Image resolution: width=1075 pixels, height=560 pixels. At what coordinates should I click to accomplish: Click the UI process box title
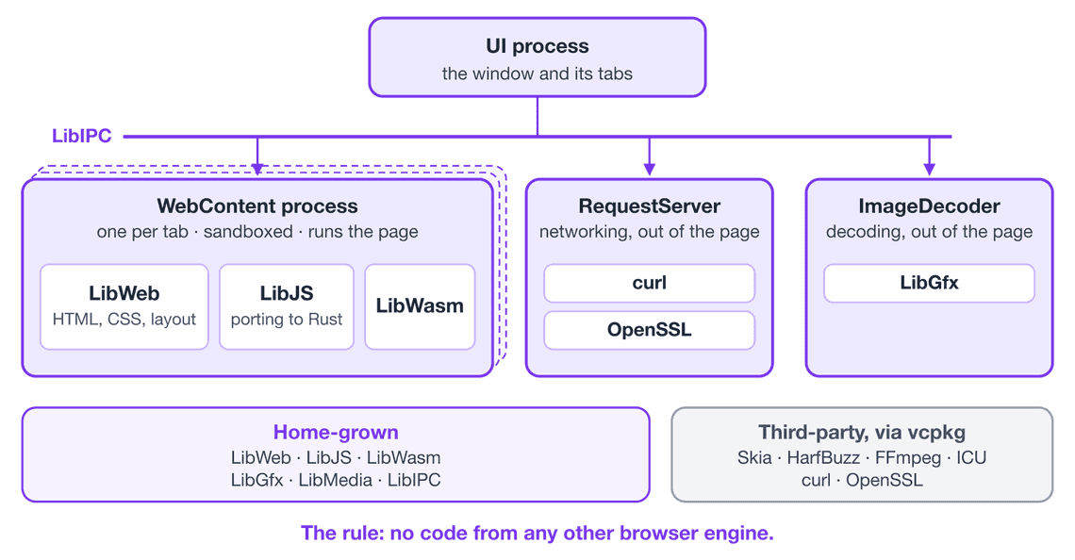tap(537, 46)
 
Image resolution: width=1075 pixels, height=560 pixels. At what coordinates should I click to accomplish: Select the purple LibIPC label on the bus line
tap(82, 136)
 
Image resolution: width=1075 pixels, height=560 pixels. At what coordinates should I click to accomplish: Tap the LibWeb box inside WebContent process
tap(124, 306)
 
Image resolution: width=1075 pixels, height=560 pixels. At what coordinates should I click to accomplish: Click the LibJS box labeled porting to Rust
tap(287, 306)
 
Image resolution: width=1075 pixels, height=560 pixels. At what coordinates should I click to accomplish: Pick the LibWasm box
tap(420, 306)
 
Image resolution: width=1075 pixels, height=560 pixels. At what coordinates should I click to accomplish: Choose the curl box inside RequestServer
tap(650, 283)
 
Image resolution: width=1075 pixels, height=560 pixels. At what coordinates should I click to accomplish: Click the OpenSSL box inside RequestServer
tap(650, 330)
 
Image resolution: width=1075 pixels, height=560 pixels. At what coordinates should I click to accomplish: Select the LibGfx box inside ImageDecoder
tap(929, 283)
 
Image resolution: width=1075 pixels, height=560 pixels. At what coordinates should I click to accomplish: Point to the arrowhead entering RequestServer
tap(650, 170)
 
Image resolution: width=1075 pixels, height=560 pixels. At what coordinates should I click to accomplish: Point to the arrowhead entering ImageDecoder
tap(929, 170)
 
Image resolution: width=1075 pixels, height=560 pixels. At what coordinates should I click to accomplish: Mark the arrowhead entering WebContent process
tap(257, 170)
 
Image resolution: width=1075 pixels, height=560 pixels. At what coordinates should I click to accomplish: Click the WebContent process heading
tap(257, 206)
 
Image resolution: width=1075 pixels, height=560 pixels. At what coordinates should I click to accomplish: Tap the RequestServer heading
tap(650, 206)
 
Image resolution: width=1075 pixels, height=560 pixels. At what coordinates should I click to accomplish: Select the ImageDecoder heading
tap(929, 206)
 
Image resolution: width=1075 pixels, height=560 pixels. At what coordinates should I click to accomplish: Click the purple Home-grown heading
tap(336, 432)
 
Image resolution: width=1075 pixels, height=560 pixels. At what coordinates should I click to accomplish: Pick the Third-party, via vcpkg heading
tap(862, 433)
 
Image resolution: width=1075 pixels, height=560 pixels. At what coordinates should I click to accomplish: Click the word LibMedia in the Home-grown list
tap(336, 480)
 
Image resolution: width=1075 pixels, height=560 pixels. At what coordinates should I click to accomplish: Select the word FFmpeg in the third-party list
tap(908, 458)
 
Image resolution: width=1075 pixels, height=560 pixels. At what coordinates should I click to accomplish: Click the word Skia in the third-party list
tap(754, 457)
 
